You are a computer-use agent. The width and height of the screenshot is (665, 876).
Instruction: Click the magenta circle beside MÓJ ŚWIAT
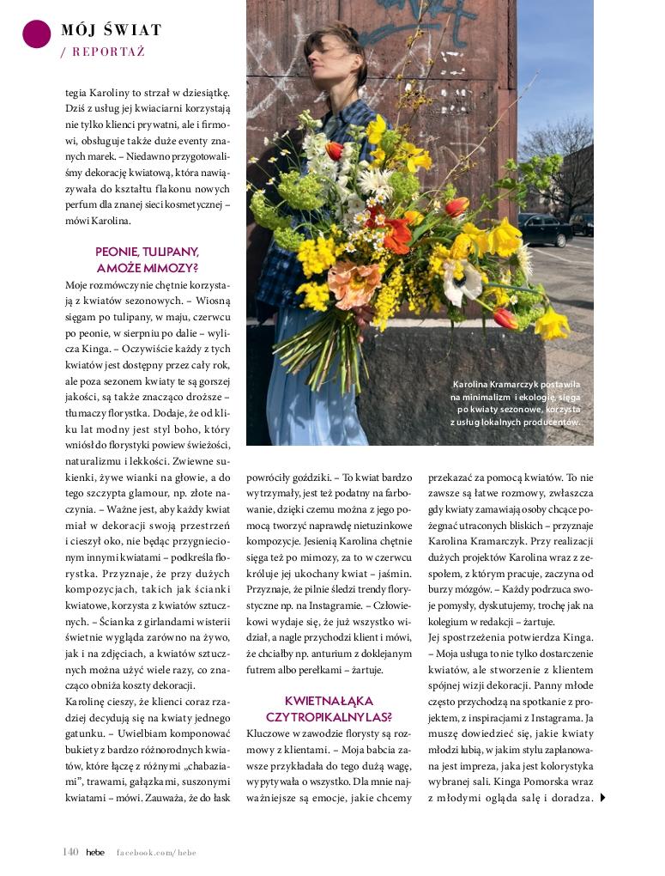(37, 33)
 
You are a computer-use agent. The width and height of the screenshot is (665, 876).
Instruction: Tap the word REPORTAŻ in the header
(108, 52)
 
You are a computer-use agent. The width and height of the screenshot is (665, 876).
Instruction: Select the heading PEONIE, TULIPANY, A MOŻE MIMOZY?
(148, 259)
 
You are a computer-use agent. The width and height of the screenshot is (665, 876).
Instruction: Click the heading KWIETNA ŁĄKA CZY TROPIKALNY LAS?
(330, 708)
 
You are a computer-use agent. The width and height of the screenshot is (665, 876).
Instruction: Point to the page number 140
(70, 852)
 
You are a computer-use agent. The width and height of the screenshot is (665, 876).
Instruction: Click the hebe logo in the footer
(95, 852)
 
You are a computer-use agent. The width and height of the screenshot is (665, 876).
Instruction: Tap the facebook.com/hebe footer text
(157, 852)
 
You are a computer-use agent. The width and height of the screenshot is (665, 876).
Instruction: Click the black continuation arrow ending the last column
(603, 798)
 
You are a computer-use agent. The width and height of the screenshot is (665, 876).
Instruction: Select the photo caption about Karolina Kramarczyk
(515, 403)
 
